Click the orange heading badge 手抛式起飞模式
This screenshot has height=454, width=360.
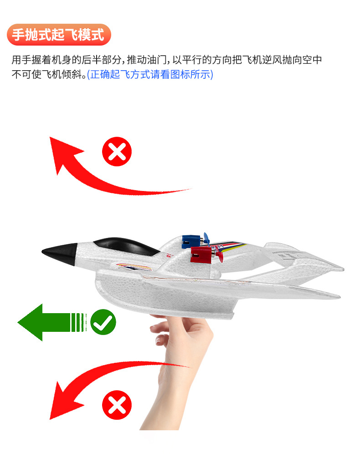pos(59,35)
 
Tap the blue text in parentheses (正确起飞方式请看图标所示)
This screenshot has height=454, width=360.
pos(150,74)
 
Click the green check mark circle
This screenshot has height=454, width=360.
pos(103,322)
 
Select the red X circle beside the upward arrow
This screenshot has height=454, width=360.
pos(117,151)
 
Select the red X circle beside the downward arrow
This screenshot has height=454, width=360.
pos(117,405)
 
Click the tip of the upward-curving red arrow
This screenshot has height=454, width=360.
pos(50,137)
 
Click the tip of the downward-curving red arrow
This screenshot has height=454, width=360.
pos(50,419)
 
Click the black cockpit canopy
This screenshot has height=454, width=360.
pos(126,246)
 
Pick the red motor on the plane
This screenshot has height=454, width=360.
pos(201,254)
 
